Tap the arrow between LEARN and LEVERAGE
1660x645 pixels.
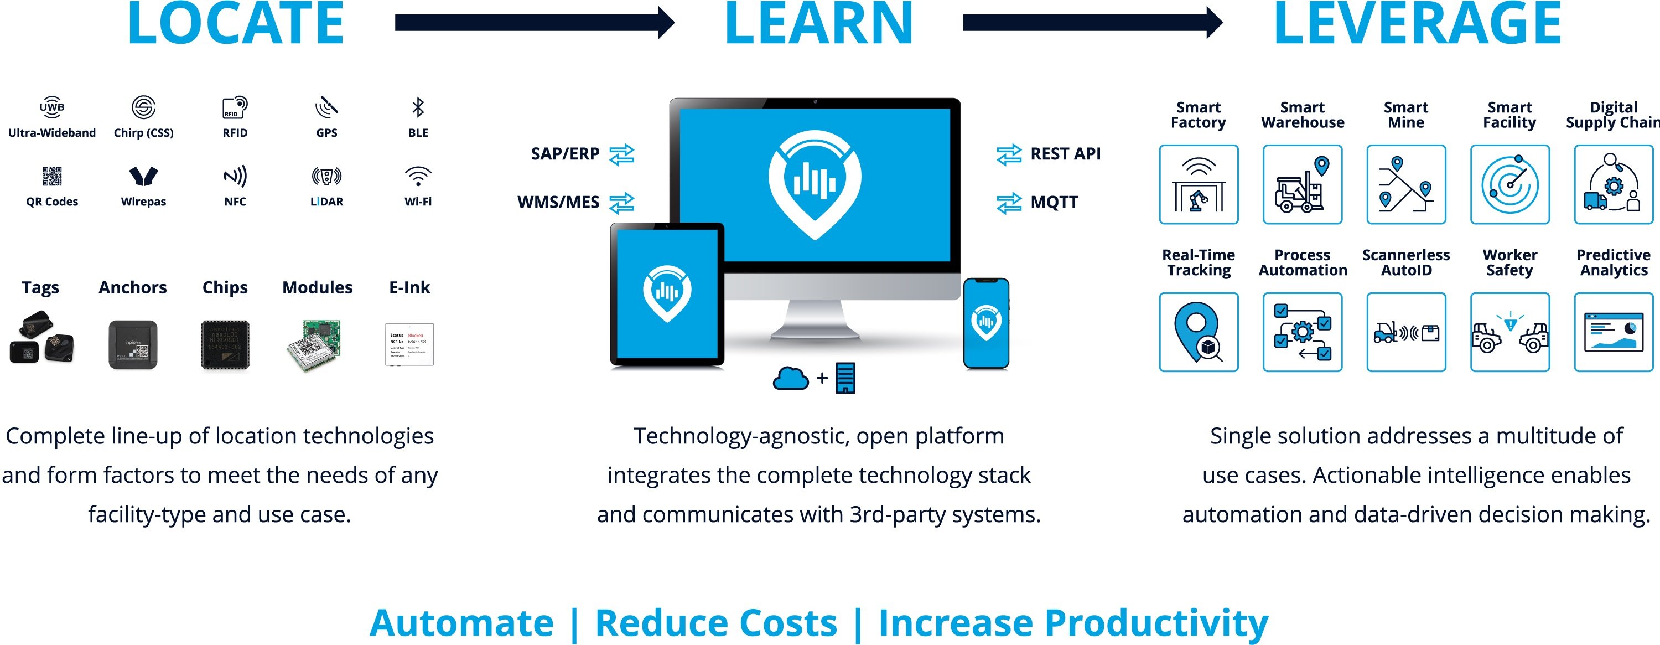pos(1092,23)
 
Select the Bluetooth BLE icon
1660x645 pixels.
pos(418,107)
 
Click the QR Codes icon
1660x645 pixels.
pos(52,176)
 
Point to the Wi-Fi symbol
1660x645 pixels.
pos(418,176)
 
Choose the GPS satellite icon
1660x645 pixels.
pos(326,107)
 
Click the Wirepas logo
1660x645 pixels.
pos(143,176)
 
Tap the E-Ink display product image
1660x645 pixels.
pos(409,344)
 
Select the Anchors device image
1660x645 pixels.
pos(133,344)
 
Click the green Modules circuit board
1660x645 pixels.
pos(316,345)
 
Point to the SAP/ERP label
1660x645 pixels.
pos(564,154)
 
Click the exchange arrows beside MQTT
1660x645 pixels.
pos(1009,203)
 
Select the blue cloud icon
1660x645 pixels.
pos(790,378)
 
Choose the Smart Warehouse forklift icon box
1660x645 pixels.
pos(1303,184)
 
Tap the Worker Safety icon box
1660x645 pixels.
pos(1510,332)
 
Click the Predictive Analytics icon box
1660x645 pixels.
pos(1613,332)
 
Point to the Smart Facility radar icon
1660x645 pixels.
pos(1510,184)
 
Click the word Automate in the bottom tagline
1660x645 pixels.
pos(461,623)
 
